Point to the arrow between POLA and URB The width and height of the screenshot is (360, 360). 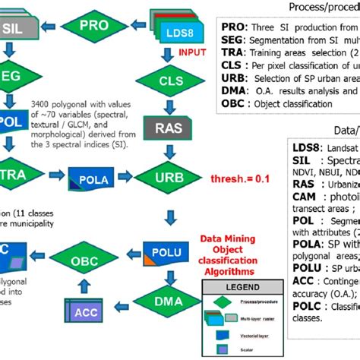click(128, 179)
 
